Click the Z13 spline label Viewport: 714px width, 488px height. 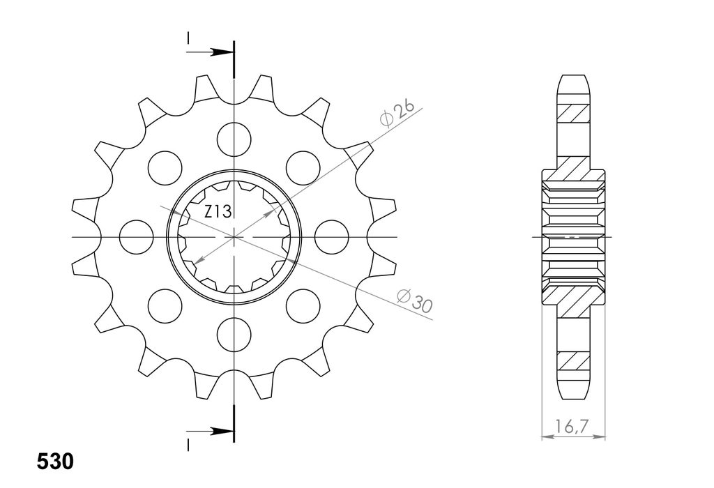[x=218, y=211]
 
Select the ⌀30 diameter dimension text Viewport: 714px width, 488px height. [x=414, y=301]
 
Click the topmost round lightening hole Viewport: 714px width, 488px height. [x=234, y=139]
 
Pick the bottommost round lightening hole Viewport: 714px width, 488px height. [x=234, y=335]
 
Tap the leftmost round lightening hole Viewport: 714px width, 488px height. [x=136, y=237]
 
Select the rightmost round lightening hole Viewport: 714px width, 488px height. [x=331, y=237]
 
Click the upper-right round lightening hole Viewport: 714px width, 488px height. [x=303, y=168]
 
